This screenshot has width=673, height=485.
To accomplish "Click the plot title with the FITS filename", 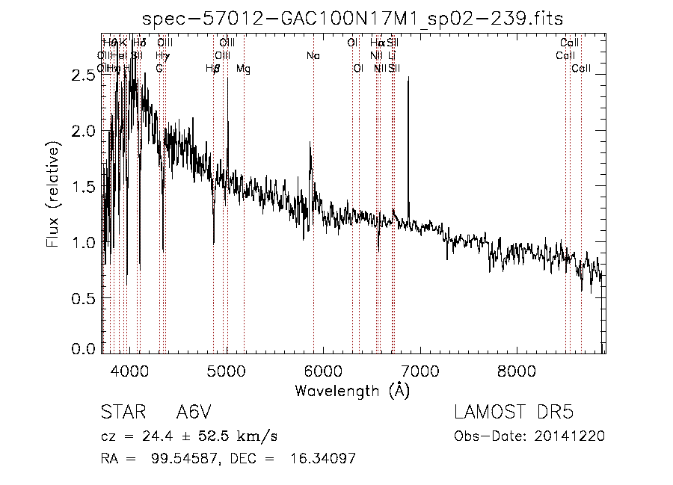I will [353, 18].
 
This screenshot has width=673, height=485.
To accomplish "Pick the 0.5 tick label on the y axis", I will [84, 298].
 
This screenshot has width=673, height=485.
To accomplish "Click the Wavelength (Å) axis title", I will [353, 390].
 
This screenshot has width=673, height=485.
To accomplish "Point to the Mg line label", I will [244, 69].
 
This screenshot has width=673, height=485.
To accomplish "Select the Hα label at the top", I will [378, 43].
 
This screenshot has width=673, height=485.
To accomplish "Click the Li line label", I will [393, 55].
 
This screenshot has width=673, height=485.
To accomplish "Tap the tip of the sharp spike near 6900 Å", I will [408, 77].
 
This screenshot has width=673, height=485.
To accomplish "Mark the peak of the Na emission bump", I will [310, 143].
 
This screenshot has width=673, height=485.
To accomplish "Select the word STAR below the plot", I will [122, 413].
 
